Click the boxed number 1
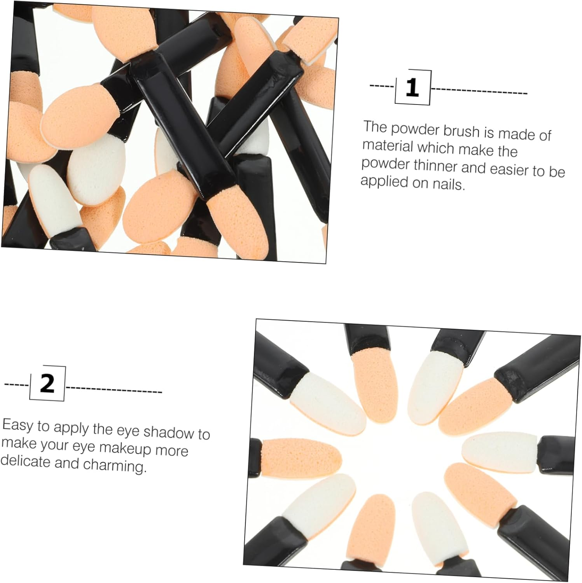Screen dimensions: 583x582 (x=412, y=87)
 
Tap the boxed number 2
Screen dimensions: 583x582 (x=47, y=384)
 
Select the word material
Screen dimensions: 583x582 (x=388, y=146)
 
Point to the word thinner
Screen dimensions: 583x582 (x=436, y=166)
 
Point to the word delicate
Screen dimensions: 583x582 (x=25, y=461)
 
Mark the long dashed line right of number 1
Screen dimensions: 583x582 (x=479, y=91)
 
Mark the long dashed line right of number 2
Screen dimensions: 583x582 (x=114, y=390)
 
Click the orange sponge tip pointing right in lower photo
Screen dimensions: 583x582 (x=301, y=456)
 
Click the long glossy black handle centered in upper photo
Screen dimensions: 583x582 (x=183, y=124)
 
